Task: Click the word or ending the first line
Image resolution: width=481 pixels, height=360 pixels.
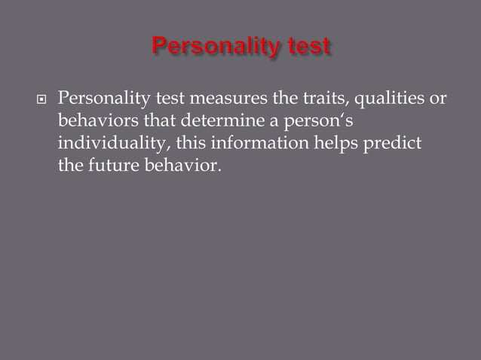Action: click(439, 99)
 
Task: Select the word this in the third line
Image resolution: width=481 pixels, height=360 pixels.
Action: click(189, 143)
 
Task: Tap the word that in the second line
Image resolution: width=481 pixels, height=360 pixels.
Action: click(155, 121)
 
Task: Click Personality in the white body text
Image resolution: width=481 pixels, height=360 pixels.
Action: click(105, 99)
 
